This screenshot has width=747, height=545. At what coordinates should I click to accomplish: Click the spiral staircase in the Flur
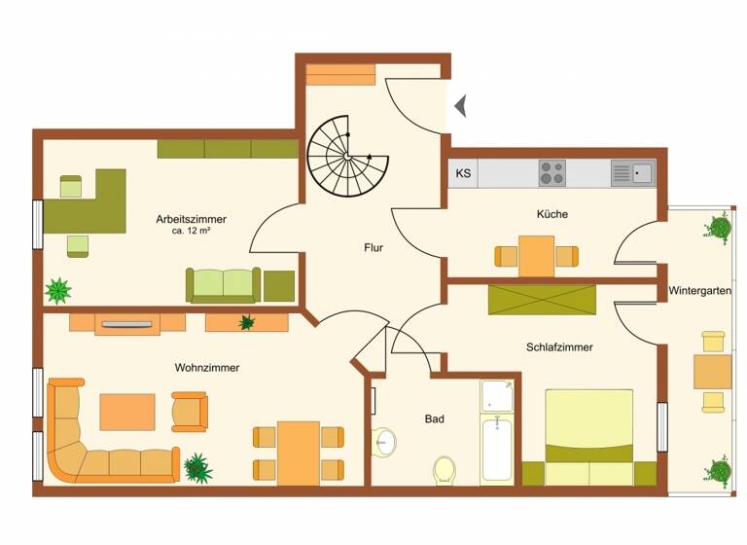pos(341,156)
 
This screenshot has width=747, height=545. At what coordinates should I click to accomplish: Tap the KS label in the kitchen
pos(463,174)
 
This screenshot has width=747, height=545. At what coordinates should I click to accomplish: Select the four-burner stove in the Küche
pos(552,173)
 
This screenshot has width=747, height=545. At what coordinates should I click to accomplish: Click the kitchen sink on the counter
pos(633,173)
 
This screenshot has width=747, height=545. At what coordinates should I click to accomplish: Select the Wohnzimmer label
pos(207,367)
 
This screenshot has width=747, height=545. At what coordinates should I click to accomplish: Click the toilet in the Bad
pos(445,469)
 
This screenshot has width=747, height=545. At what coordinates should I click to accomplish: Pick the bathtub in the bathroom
pos(497,448)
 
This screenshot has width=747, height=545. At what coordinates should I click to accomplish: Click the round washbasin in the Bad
pos(383,442)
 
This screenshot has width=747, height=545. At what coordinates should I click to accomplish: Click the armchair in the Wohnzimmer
pos(190,411)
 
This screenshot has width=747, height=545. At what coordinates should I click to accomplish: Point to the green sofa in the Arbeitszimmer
pos(223,284)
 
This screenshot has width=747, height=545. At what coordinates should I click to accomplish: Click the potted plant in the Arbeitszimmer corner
pos(58,290)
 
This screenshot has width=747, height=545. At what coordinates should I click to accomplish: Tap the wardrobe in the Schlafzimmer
pos(542,300)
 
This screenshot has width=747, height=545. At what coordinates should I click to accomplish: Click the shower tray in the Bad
pos(497,395)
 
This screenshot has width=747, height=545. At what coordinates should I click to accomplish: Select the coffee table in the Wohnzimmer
pos(127,411)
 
